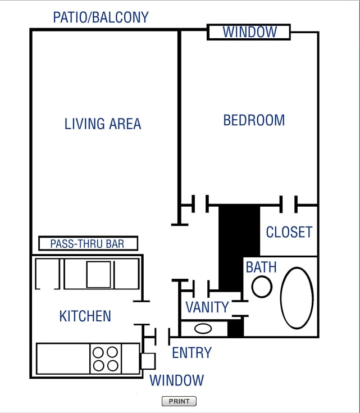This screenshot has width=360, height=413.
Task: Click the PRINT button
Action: [x=179, y=401]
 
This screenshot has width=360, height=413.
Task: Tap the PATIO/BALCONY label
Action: [x=101, y=17]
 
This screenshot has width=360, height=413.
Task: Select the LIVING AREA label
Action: [x=103, y=124]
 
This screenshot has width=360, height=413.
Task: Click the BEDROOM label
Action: [x=254, y=120]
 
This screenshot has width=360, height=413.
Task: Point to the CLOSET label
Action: [x=289, y=232]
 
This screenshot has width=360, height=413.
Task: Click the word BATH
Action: [x=261, y=266]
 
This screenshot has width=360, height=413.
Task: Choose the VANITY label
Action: [x=207, y=307]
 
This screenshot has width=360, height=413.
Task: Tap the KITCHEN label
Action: [x=85, y=316]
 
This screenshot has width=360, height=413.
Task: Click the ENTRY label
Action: [x=192, y=353]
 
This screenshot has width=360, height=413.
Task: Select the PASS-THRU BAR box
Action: [x=88, y=243]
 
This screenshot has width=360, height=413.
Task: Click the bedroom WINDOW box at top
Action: [x=249, y=32]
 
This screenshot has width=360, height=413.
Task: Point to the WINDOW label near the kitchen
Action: [x=176, y=380]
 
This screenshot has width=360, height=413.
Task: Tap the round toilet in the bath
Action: [x=262, y=287]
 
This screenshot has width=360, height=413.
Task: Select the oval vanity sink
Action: [x=203, y=328]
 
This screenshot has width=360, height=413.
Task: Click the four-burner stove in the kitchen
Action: [x=106, y=358]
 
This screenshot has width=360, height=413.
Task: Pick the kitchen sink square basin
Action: [x=98, y=275]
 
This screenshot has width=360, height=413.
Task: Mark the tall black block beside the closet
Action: [x=239, y=247]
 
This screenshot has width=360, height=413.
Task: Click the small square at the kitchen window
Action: [x=148, y=360]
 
